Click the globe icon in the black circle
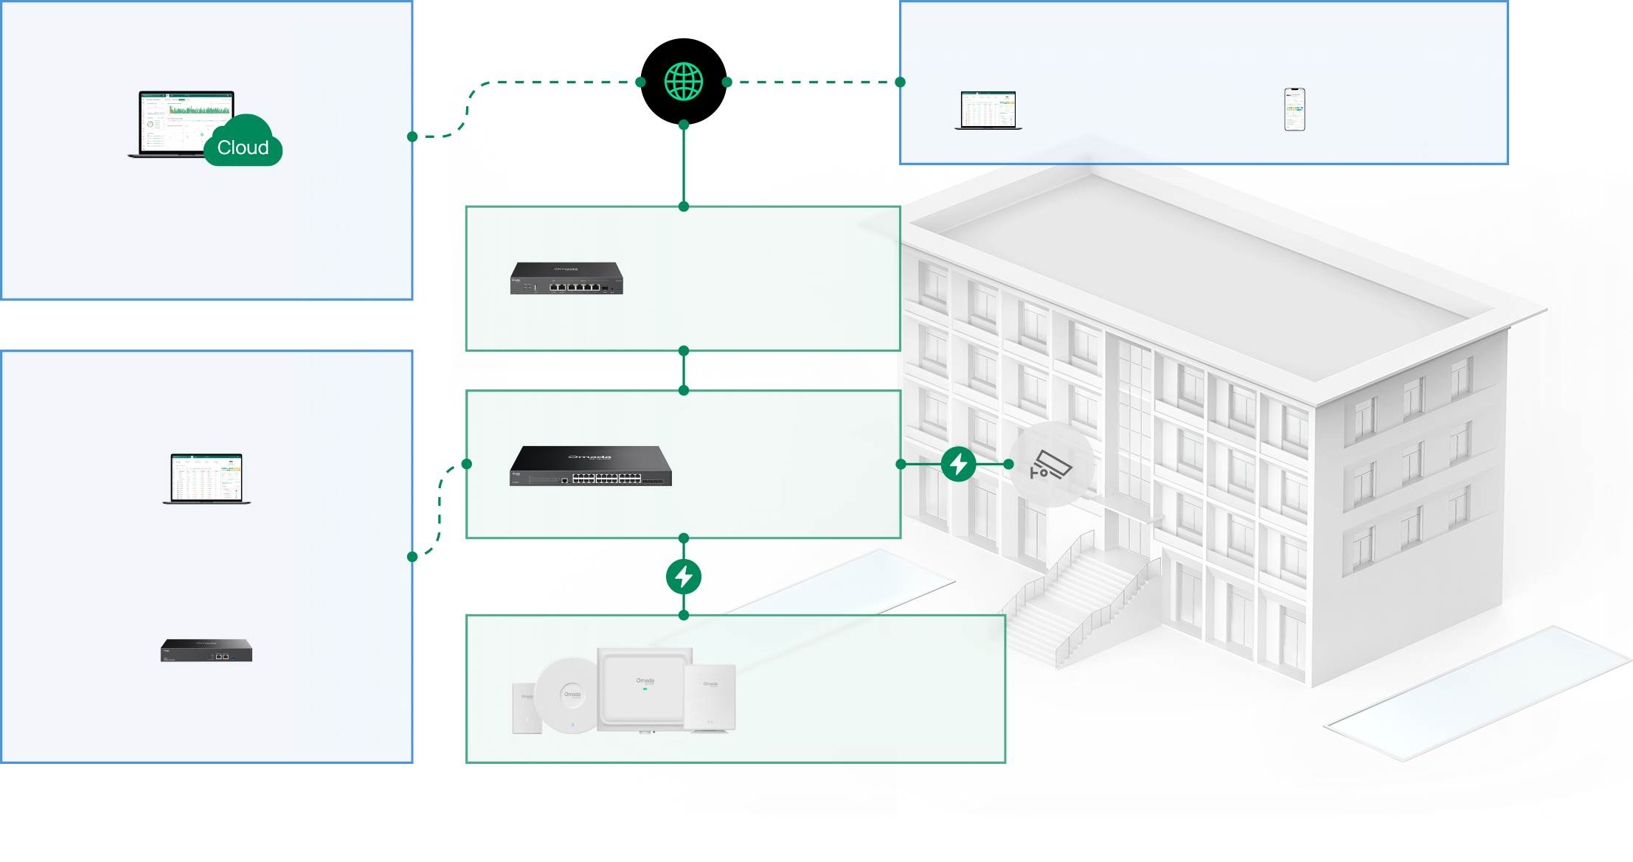point(684,82)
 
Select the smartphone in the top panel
point(1294,110)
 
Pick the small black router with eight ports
point(566,279)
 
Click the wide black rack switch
point(591,466)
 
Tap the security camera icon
point(1051,465)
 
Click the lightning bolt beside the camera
point(959,464)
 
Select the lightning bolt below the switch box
point(684,577)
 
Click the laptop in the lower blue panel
point(207,479)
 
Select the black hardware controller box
point(207,650)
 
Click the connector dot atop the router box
point(684,206)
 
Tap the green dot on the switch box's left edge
point(467,464)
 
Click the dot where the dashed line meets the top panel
point(900,82)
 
